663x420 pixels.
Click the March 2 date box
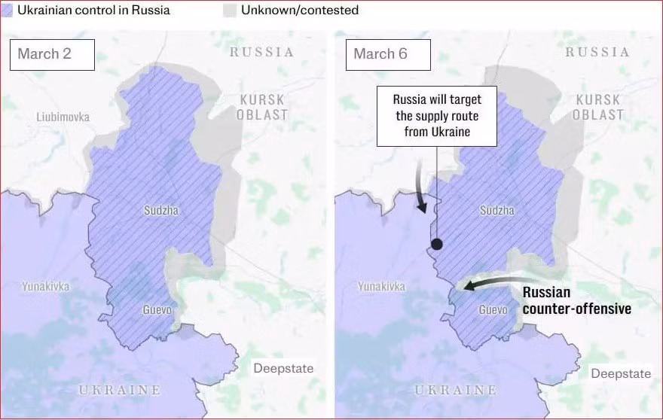[x=52, y=54]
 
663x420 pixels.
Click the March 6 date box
[x=388, y=54]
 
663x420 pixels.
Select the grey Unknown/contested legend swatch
[x=230, y=11]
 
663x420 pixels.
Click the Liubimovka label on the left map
[x=63, y=117]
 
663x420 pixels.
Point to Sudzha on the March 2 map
[x=161, y=211]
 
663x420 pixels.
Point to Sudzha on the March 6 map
[x=497, y=211]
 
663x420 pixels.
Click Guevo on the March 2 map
[x=157, y=310]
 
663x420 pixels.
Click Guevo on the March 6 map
[x=493, y=310]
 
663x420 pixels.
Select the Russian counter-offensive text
[x=576, y=300]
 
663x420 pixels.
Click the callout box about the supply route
[x=437, y=117]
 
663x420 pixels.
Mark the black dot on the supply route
[x=436, y=244]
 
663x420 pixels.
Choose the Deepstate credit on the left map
[x=283, y=368]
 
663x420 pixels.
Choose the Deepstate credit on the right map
[x=620, y=373]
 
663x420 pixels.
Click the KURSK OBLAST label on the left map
[x=261, y=107]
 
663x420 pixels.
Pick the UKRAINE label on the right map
[x=456, y=390]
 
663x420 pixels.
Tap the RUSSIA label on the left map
[x=261, y=52]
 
